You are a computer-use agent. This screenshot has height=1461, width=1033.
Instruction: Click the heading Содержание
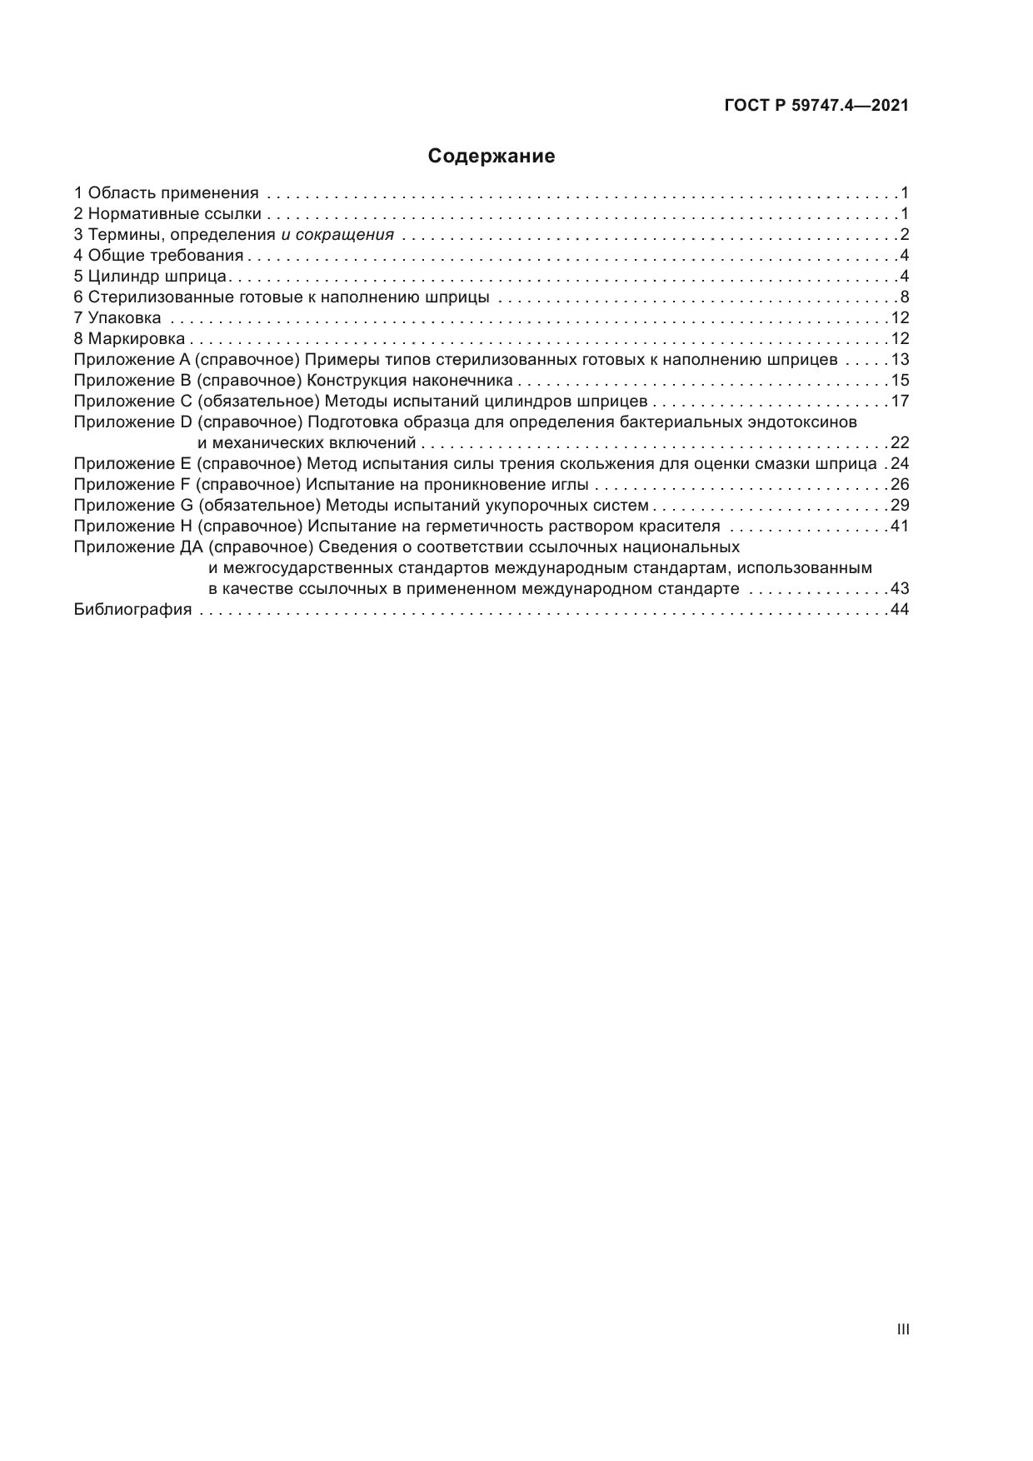coord(491,157)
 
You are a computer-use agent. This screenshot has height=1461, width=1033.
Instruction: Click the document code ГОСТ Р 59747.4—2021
coord(816,106)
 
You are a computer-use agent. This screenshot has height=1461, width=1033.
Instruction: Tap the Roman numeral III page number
coord(903,1329)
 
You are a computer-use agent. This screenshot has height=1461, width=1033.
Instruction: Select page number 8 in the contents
coord(904,297)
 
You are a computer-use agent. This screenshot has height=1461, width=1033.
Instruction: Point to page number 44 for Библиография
coord(900,610)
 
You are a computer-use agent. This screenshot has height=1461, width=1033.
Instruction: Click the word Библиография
coord(132,610)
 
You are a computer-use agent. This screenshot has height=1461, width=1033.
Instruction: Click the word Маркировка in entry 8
coord(137,339)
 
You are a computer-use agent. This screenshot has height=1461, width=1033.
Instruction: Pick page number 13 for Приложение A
coord(900,360)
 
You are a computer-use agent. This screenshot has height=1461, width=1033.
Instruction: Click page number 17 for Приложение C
coord(900,401)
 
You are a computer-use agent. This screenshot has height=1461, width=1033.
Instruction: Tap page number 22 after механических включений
coord(900,443)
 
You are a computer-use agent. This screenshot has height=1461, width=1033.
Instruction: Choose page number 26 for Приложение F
coord(900,485)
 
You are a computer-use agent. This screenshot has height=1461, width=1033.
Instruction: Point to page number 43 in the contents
coord(900,589)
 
